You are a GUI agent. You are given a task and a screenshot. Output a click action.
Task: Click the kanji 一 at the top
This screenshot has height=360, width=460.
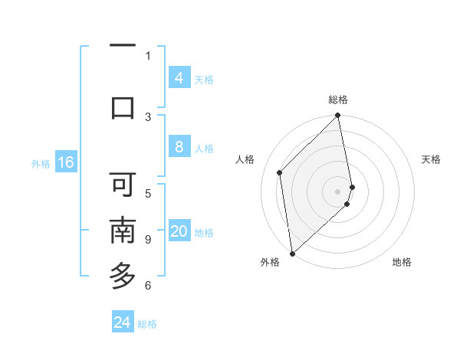point(123,47)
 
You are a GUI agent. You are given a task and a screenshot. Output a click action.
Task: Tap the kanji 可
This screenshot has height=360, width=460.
point(123,185)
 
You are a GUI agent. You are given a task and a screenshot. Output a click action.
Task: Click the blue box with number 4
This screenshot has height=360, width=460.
point(179,77)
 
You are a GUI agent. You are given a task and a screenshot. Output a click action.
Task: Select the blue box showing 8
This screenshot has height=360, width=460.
point(179,147)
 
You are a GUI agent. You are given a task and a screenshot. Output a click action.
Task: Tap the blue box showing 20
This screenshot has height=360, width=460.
point(179,231)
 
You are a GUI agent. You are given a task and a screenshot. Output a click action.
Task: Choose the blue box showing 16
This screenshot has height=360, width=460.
point(65,162)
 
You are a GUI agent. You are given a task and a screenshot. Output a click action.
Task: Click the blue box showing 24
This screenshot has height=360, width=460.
point(123,322)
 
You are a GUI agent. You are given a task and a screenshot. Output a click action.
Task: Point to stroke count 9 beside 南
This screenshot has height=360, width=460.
point(147,240)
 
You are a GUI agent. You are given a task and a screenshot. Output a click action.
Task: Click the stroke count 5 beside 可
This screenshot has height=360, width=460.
point(147,193)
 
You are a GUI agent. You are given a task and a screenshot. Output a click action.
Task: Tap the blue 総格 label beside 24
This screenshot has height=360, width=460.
point(147,324)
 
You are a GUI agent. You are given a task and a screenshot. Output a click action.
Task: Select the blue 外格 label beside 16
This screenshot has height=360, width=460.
point(40,163)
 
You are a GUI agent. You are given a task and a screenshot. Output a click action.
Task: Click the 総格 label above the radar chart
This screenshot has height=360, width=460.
point(338,100)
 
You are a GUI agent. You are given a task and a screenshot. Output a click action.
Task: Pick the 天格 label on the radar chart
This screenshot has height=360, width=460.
point(431,159)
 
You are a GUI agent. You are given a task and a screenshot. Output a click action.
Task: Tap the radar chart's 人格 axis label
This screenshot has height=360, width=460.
point(245,159)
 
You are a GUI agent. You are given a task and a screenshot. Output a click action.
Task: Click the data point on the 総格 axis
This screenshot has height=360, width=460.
point(338,116)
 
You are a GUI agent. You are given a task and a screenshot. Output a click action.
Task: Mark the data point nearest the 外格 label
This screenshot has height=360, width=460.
point(292,253)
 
